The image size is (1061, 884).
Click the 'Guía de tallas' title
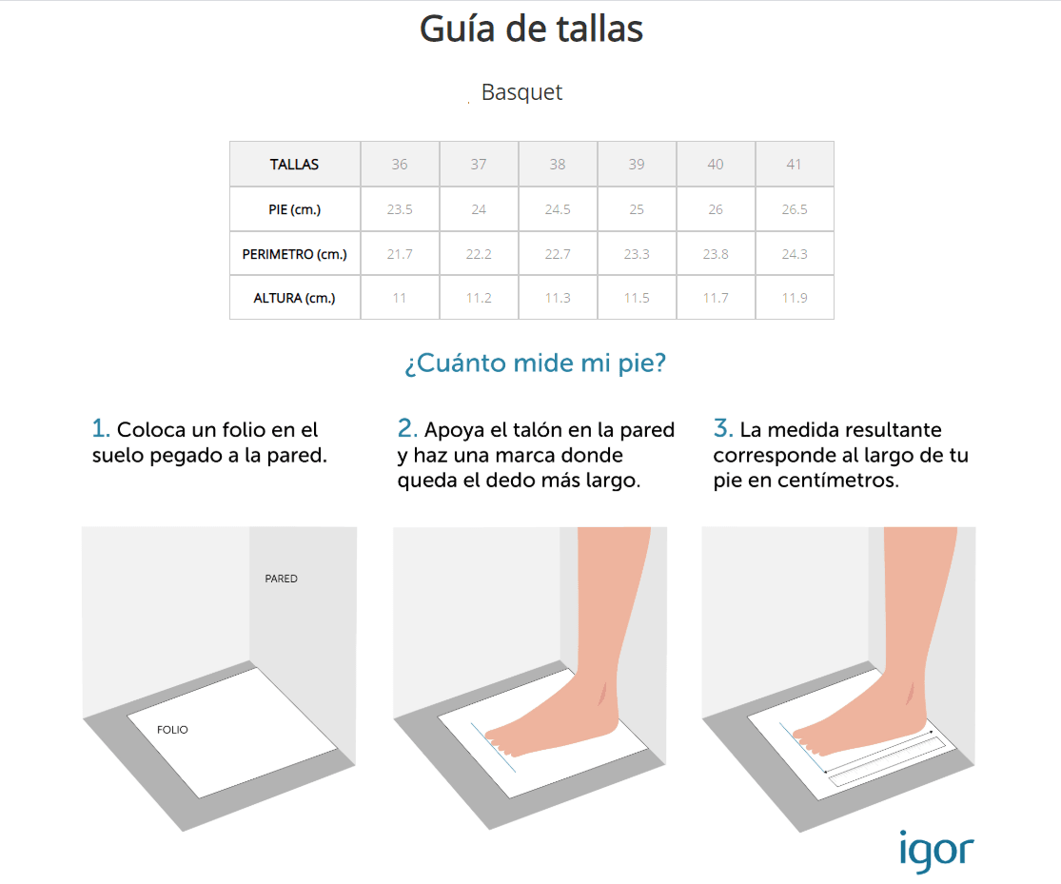[x=531, y=29]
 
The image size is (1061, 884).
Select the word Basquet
[x=521, y=92]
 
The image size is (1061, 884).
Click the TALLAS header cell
[x=294, y=164]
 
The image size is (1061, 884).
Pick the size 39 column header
[x=636, y=164]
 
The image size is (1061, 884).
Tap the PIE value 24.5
[x=558, y=209]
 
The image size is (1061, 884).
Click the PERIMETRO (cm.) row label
[x=294, y=254]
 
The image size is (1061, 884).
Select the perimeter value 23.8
[x=716, y=254]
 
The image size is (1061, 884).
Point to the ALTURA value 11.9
[x=795, y=298]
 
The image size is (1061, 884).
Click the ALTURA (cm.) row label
[x=294, y=298]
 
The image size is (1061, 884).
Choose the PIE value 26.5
[x=795, y=209]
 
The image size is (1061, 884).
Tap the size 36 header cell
[x=400, y=164]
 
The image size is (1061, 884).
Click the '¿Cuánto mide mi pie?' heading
[x=535, y=363]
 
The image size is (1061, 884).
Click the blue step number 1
[x=100, y=428]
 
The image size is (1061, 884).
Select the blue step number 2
[x=406, y=428]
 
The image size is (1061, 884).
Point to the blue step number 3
[x=722, y=428]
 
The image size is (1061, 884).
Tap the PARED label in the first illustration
[x=281, y=579]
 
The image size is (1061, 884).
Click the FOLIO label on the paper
[x=172, y=730]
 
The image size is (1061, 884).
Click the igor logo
[x=936, y=852]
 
